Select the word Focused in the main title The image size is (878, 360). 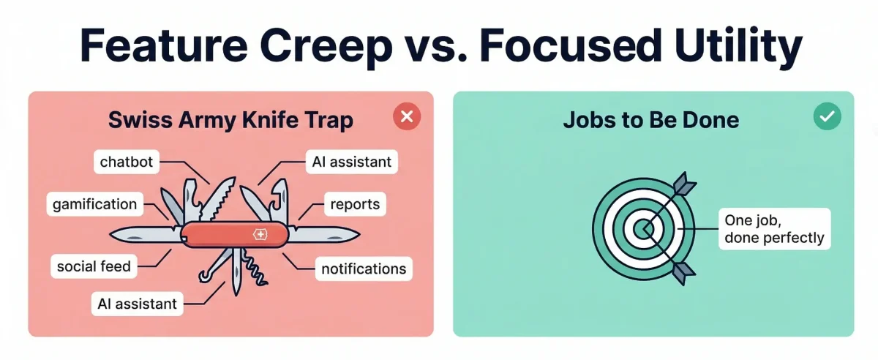(571, 47)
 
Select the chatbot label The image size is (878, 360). (127, 162)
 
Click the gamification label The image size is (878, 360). (94, 204)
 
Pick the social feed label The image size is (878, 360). (94, 266)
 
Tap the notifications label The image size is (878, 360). (363, 269)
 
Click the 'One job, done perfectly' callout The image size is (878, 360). (773, 228)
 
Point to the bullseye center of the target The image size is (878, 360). (643, 230)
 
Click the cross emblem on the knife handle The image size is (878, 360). (259, 234)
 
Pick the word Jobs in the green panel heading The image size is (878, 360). (584, 120)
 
